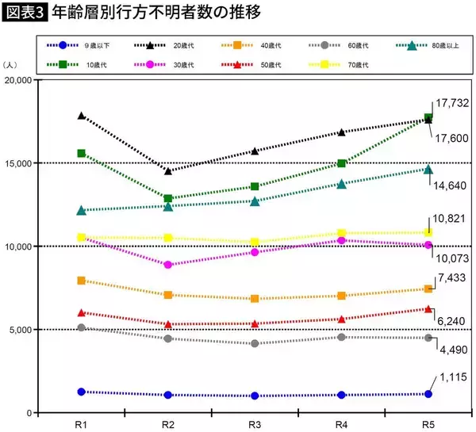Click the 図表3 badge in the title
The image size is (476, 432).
pyautogui.click(x=25, y=13)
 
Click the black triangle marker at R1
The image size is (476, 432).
pyautogui.click(x=81, y=116)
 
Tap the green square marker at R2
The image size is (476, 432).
pyautogui.click(x=167, y=199)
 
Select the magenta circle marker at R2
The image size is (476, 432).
pyautogui.click(x=167, y=265)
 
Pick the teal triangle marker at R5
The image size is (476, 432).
pyautogui.click(x=428, y=169)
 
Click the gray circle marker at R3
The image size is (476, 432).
pyautogui.click(x=254, y=344)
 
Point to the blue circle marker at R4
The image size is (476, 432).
pyautogui.click(x=341, y=395)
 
